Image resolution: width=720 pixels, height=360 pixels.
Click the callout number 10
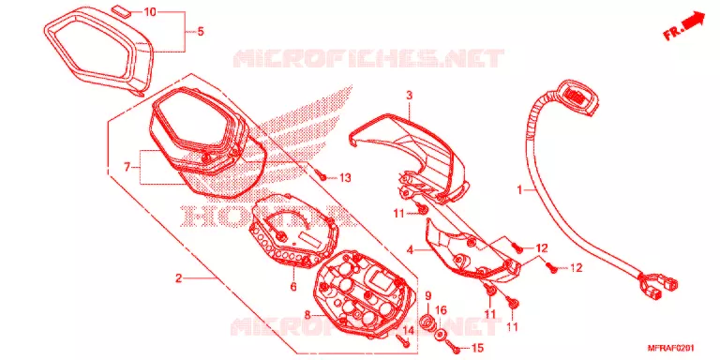point(150,12)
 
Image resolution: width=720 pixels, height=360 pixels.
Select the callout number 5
point(201,32)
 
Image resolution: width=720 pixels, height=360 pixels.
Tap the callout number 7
point(127,168)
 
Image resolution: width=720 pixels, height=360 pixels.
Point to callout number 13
point(345,178)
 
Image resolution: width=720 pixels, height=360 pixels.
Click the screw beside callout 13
point(322,175)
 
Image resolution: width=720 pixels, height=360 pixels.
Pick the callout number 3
point(409,96)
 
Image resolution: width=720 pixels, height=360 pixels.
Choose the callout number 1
point(519,189)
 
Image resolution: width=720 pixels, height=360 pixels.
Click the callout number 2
point(179,277)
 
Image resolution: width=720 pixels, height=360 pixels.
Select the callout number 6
point(293,288)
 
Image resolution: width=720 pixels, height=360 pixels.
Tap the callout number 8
point(307,315)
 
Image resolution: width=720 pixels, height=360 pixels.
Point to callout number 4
point(410,250)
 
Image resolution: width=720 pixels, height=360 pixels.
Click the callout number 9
point(427,295)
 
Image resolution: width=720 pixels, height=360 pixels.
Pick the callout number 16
point(441,311)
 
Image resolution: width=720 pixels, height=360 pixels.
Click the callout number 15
point(477,350)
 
